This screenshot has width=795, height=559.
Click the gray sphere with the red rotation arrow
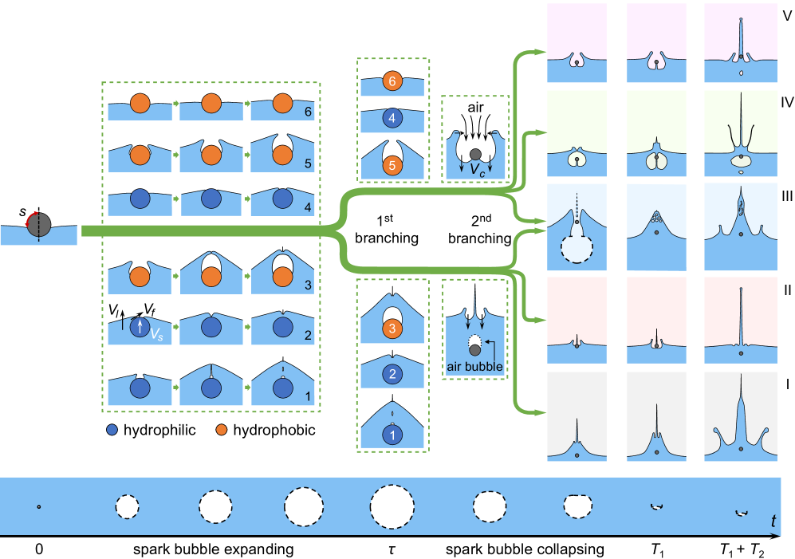(38, 225)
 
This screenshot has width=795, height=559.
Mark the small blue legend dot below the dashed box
(112, 430)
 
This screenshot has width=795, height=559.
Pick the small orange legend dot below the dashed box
(222, 430)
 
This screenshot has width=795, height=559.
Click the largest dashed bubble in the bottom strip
(392, 506)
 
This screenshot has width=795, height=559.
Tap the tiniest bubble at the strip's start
(38, 506)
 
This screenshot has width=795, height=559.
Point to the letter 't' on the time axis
(773, 522)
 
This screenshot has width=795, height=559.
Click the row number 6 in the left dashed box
(308, 112)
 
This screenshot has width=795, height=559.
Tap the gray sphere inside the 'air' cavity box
(475, 153)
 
